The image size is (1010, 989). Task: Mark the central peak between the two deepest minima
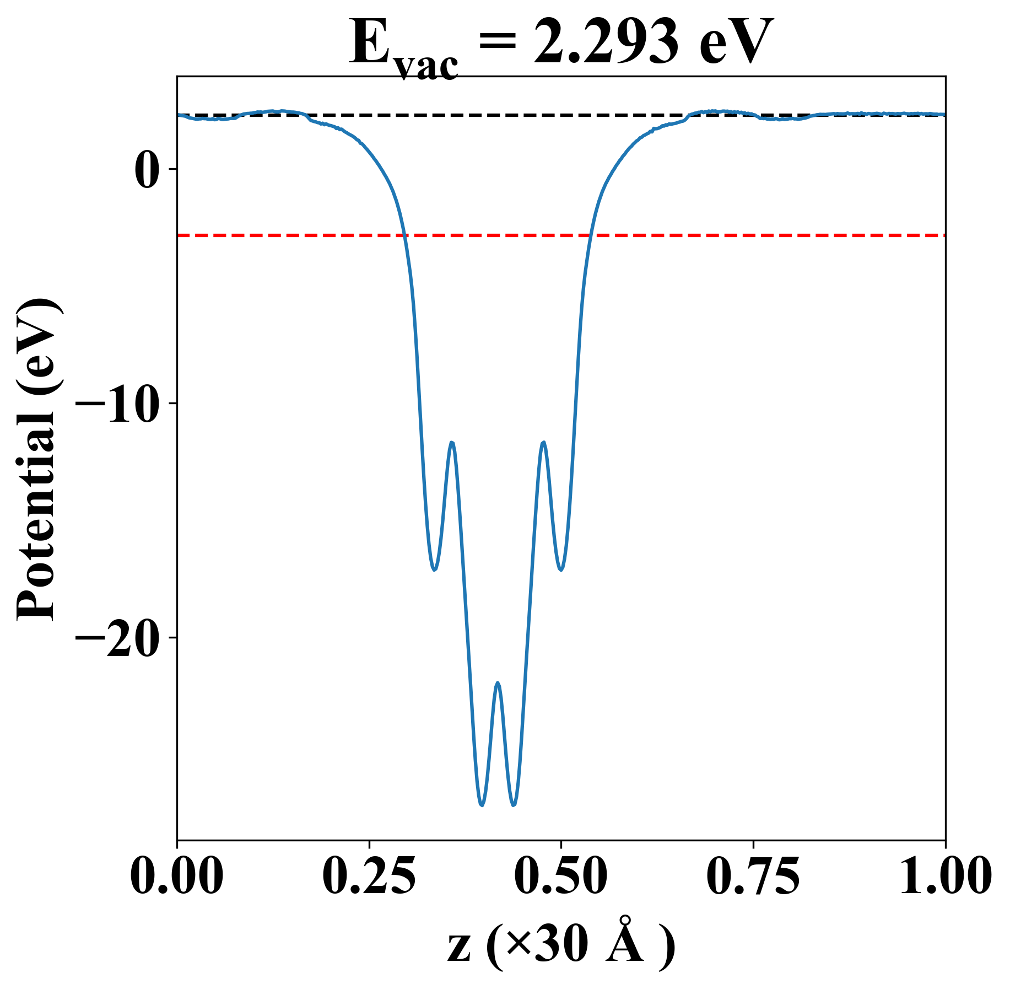click(x=498, y=683)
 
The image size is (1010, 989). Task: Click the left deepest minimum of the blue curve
click(x=482, y=805)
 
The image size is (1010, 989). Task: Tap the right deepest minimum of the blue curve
click(x=514, y=805)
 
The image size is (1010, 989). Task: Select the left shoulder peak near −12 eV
click(x=452, y=443)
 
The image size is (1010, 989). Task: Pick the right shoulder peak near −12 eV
click(x=544, y=443)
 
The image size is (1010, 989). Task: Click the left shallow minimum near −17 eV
click(x=435, y=569)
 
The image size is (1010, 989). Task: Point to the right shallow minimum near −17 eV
click(x=561, y=569)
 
